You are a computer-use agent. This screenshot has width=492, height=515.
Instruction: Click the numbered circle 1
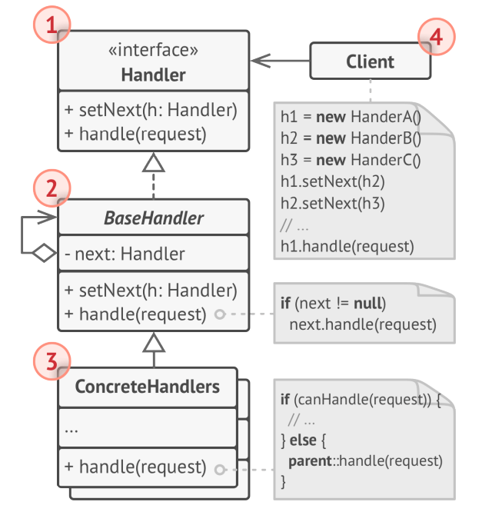(x=52, y=25)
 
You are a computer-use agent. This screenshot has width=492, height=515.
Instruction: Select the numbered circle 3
(x=52, y=360)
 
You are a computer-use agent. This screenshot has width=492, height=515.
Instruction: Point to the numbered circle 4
(x=436, y=36)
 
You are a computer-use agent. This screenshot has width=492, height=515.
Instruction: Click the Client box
(x=370, y=61)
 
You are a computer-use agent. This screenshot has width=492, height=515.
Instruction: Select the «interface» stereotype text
(x=154, y=51)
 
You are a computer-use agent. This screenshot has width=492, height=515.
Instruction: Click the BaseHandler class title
(x=154, y=218)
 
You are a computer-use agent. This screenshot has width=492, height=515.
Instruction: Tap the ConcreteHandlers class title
(x=147, y=386)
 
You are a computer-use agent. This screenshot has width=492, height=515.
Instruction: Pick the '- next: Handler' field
(x=125, y=254)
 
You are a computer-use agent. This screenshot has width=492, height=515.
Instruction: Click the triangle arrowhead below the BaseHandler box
(x=155, y=341)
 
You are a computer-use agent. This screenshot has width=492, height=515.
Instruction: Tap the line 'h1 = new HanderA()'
(x=351, y=118)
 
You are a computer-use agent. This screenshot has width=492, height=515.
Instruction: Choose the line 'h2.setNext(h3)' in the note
(x=333, y=204)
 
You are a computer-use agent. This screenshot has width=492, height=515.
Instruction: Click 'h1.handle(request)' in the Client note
(x=347, y=247)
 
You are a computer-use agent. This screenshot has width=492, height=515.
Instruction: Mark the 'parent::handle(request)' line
(x=364, y=461)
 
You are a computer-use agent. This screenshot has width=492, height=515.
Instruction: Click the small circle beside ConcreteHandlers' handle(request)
(x=221, y=468)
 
